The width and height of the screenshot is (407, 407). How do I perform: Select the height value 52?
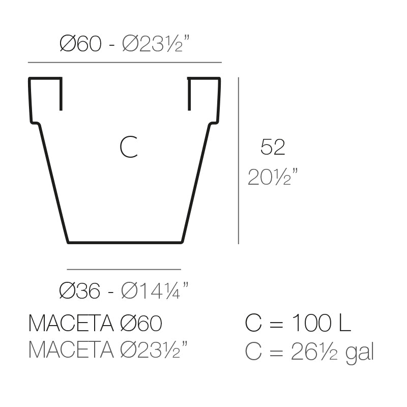(272, 148)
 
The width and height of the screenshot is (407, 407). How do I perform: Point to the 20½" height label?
(272, 178)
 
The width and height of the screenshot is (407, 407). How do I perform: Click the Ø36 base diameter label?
(80, 291)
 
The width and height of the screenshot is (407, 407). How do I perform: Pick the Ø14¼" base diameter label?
(155, 291)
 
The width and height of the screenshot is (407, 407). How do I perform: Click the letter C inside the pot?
(128, 148)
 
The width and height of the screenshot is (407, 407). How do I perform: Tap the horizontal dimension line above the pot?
(125, 63)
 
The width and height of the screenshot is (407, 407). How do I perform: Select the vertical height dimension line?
(239, 160)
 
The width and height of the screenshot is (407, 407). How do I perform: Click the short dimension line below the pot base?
(124, 269)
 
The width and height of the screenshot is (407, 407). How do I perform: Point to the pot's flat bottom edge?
(125, 242)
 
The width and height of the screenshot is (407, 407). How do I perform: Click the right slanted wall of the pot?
(196, 183)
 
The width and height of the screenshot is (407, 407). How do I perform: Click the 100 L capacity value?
(321, 324)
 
